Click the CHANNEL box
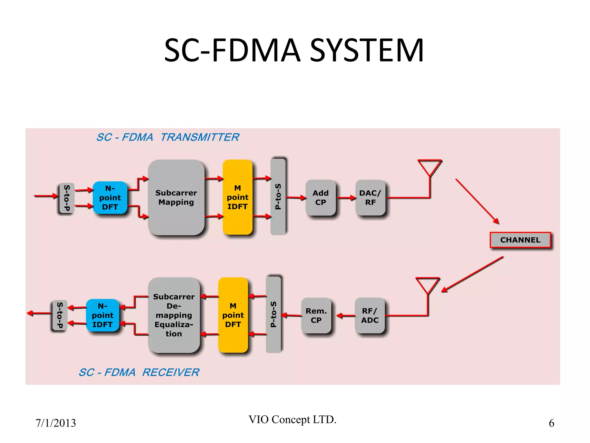click(x=520, y=240)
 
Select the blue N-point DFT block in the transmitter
click(x=110, y=198)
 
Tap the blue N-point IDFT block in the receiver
click(x=103, y=315)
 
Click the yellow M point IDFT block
click(x=237, y=197)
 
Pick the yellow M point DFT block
click(x=233, y=315)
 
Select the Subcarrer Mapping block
click(x=176, y=198)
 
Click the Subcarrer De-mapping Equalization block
click(x=174, y=315)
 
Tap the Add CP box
click(x=320, y=198)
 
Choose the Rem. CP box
click(x=316, y=315)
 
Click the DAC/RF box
click(x=370, y=198)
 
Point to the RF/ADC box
click(x=370, y=315)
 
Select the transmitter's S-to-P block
click(x=67, y=198)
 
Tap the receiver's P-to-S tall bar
click(x=273, y=314)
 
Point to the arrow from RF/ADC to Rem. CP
click(x=346, y=316)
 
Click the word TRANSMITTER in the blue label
click(x=200, y=137)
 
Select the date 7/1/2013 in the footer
click(x=56, y=423)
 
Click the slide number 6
click(x=551, y=423)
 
